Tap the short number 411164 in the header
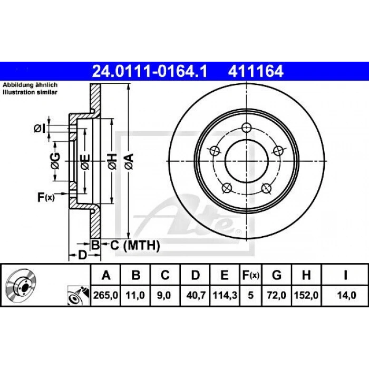click(255, 70)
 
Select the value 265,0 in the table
click(105, 295)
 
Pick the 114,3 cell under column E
click(224, 295)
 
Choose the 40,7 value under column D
click(195, 295)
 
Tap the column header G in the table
click(276, 275)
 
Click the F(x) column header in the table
click(250, 275)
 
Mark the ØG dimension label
click(56, 160)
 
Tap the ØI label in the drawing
click(39, 128)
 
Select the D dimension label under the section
click(82, 256)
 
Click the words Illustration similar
click(30, 92)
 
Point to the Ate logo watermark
click(211, 216)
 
